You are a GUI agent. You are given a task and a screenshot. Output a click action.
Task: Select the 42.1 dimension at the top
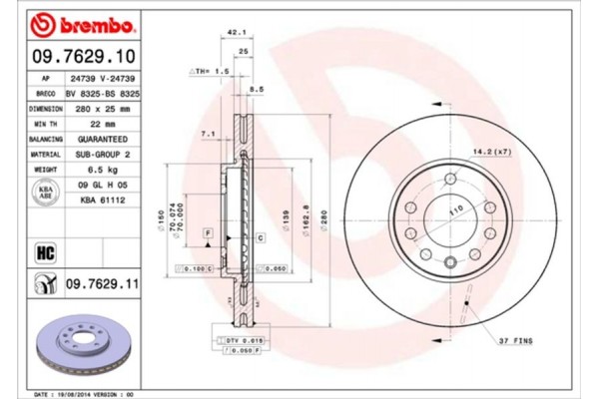tap(237, 32)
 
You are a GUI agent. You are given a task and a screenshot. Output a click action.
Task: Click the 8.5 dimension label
tap(257, 89)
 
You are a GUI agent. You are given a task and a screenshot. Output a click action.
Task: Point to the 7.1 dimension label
tap(209, 133)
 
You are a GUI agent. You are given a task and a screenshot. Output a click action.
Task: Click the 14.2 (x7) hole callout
tap(490, 153)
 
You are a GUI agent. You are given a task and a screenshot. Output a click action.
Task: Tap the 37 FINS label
tap(515, 341)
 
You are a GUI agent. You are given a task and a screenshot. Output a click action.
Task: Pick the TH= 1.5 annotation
tap(211, 73)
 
